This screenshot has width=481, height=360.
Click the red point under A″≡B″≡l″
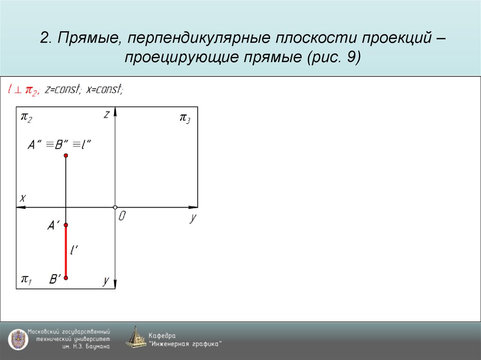[x=66, y=155]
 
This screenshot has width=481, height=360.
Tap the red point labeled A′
[x=66, y=225]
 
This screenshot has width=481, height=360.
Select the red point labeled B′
[x=66, y=278]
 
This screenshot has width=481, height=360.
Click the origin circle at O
[x=115, y=207]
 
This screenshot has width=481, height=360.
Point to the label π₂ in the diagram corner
[x=26, y=117]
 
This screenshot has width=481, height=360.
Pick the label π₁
[x=26, y=280]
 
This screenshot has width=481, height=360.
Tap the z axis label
[x=107, y=114]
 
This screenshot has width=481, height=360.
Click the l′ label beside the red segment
[x=74, y=251]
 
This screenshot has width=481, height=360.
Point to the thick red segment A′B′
[x=66, y=252]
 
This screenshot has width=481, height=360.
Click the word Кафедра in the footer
[x=162, y=336]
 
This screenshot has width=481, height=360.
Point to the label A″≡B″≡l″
[x=59, y=145]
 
